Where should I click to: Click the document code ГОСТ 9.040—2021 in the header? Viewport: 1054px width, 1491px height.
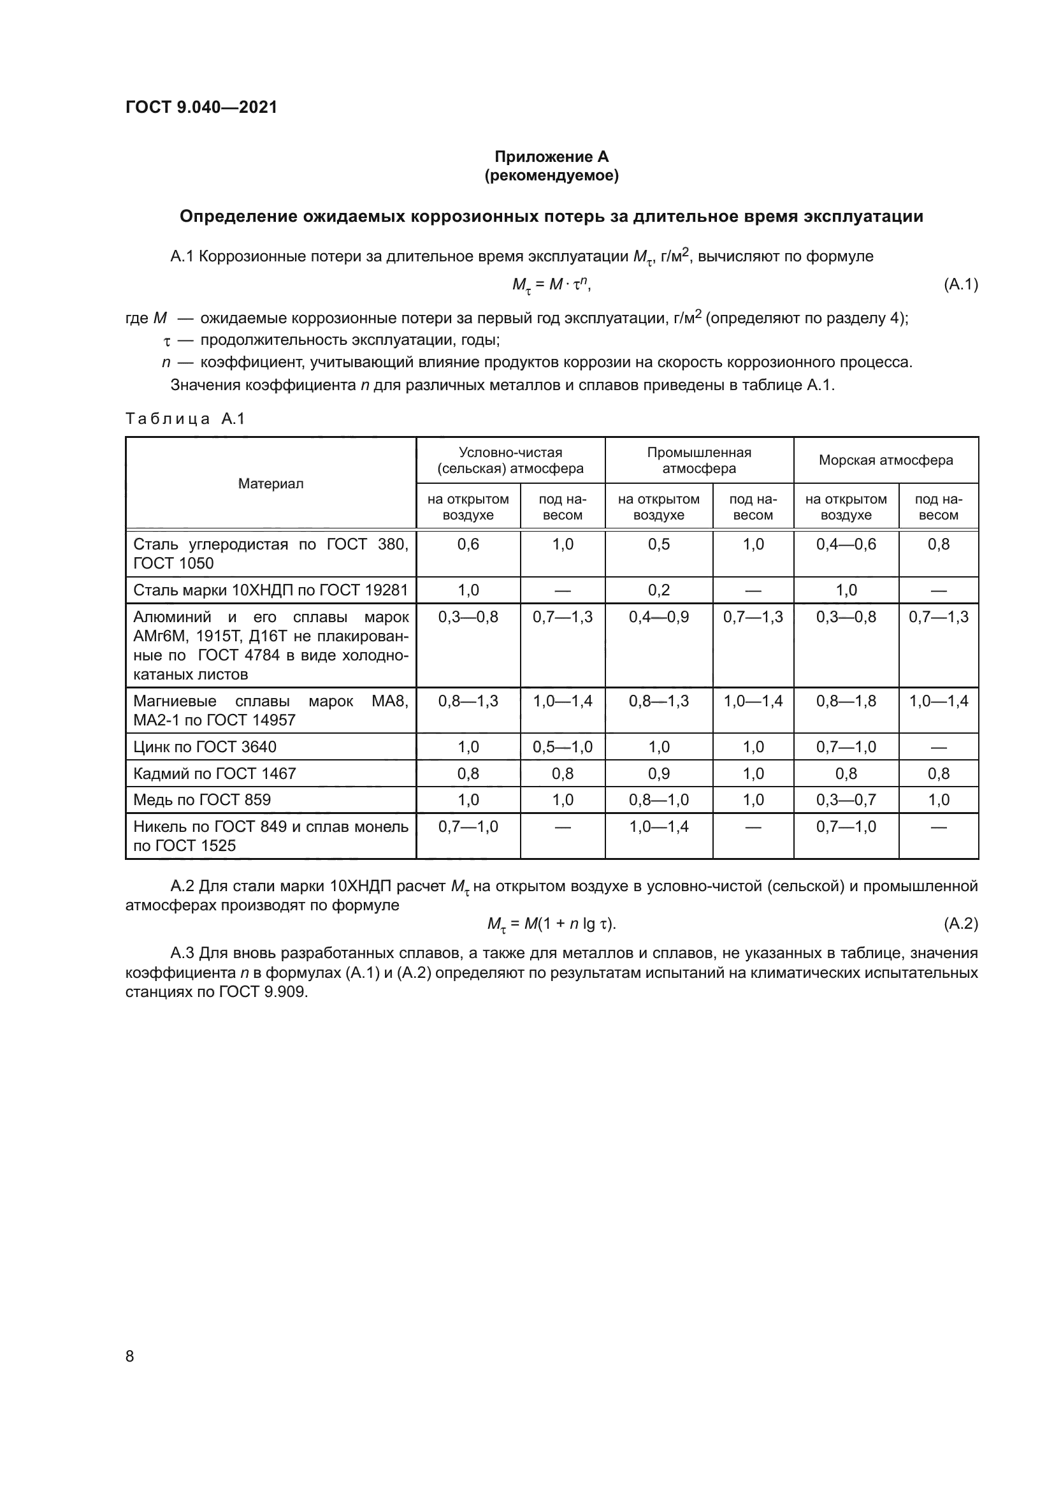201,107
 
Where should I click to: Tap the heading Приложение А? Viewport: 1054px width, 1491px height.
551,157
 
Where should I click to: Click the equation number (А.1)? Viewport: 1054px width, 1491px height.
960,284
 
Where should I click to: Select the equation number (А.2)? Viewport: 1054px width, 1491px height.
960,924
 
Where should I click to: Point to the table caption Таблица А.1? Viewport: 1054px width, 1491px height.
185,419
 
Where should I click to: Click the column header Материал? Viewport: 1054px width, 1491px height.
271,484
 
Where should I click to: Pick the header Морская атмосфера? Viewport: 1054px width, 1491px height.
885,460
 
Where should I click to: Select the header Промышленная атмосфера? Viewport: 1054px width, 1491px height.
699,460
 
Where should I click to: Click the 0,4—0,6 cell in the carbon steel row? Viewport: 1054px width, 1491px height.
846,544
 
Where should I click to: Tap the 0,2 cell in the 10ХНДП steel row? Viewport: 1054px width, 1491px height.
659,590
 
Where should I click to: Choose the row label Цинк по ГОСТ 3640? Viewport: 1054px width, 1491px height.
205,747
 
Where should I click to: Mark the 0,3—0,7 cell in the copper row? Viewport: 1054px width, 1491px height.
846,800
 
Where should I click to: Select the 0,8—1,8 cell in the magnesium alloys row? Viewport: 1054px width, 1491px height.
846,701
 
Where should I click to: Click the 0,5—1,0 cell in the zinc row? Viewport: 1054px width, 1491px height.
562,747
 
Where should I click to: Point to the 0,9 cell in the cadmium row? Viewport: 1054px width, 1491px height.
659,773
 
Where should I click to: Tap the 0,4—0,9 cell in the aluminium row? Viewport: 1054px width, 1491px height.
659,617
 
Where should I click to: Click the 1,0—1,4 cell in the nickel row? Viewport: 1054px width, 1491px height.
659,827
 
